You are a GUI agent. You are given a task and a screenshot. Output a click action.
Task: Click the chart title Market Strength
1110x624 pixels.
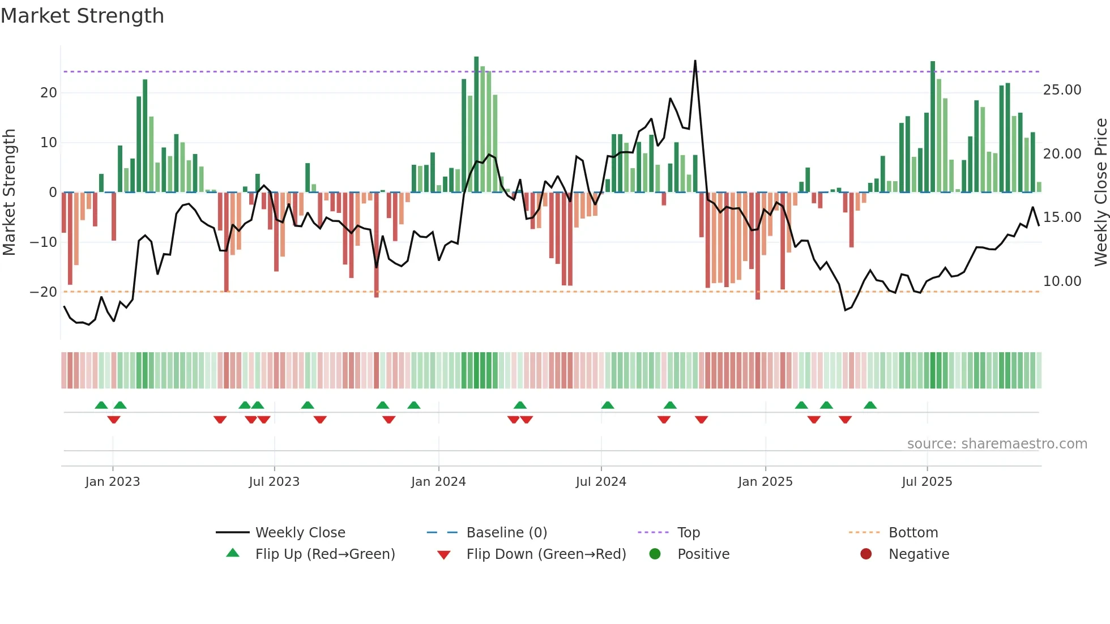pyautogui.click(x=82, y=16)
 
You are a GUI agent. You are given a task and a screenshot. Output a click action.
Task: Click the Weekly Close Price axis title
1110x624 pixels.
pyautogui.click(x=1100, y=192)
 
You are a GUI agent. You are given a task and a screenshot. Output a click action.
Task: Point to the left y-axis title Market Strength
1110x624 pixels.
pyautogui.click(x=9, y=192)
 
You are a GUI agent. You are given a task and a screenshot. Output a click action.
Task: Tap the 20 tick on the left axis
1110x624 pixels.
pyautogui.click(x=49, y=93)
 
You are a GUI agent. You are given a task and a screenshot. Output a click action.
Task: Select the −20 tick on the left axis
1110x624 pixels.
pyautogui.click(x=44, y=292)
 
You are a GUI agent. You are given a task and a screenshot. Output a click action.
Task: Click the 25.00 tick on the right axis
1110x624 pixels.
pyautogui.click(x=1062, y=90)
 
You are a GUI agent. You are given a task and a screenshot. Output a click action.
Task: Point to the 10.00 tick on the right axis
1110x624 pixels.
pyautogui.click(x=1062, y=281)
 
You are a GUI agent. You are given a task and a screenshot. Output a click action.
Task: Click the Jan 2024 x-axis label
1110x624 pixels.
pyautogui.click(x=438, y=482)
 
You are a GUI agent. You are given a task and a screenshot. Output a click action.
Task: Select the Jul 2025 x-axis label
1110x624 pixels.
pyautogui.click(x=927, y=482)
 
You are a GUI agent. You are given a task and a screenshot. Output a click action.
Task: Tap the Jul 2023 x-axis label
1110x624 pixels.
pyautogui.click(x=274, y=482)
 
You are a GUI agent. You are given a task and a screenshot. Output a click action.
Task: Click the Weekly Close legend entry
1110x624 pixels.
pyautogui.click(x=300, y=533)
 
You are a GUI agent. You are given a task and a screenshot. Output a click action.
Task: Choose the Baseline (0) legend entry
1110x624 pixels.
pyautogui.click(x=506, y=533)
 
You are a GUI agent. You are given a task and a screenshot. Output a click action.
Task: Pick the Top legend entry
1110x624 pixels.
pyautogui.click(x=688, y=533)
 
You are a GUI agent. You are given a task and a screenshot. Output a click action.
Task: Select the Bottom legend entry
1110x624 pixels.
pyautogui.click(x=913, y=533)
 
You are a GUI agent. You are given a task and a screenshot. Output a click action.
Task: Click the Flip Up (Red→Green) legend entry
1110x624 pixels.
pyautogui.click(x=325, y=554)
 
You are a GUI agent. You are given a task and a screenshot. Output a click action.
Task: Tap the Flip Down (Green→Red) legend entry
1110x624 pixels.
pyautogui.click(x=546, y=554)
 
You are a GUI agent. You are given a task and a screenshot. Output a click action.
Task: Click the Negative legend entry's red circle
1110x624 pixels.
pyautogui.click(x=866, y=554)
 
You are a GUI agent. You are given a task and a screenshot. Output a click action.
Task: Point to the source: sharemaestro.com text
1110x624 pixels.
pyautogui.click(x=997, y=444)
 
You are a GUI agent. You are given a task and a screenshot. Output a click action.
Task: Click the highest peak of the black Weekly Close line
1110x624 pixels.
pyautogui.click(x=695, y=61)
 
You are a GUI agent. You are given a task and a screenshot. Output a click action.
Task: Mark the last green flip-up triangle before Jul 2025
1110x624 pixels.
pyautogui.click(x=870, y=405)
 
